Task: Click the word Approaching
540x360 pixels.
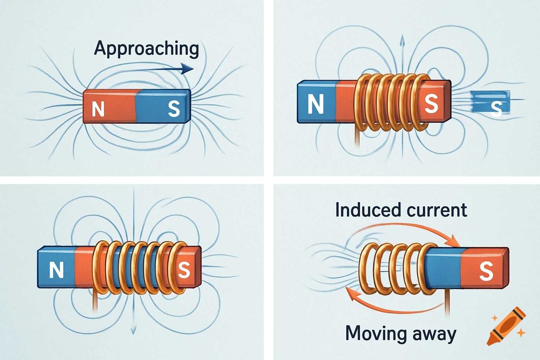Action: (x=146, y=49)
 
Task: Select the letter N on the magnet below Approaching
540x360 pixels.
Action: (x=98, y=109)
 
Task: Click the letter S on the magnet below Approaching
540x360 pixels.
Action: (x=174, y=109)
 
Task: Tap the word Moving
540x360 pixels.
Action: (x=375, y=333)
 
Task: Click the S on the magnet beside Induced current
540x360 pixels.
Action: (x=486, y=271)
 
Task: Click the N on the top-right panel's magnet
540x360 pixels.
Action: (x=315, y=104)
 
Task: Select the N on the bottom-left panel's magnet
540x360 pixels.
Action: (x=56, y=270)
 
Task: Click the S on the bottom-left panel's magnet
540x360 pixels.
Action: (x=184, y=270)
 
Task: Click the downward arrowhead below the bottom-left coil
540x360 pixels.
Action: (x=133, y=330)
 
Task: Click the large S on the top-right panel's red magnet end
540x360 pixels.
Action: (x=431, y=104)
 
